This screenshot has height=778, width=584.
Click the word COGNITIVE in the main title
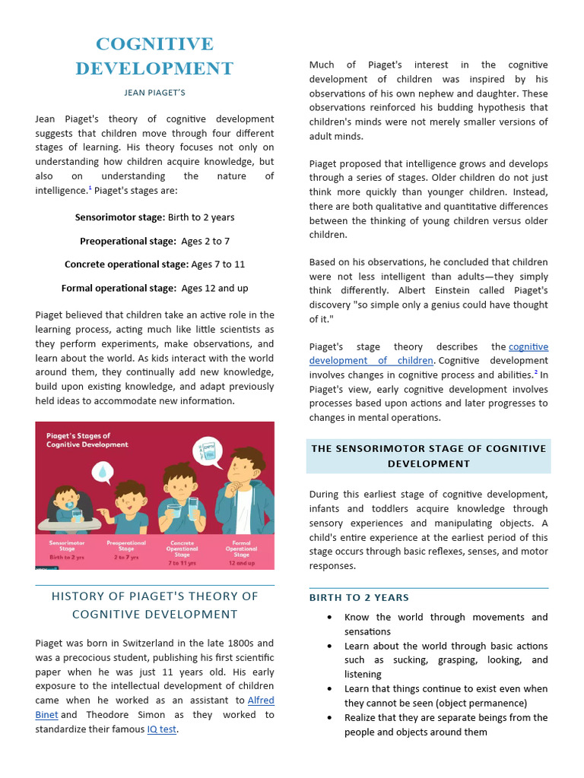(x=154, y=44)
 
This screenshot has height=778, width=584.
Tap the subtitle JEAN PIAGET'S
(x=154, y=93)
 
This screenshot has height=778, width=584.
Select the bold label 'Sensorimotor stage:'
(x=119, y=217)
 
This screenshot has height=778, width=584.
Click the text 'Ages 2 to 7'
(x=205, y=241)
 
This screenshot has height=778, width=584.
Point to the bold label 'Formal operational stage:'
(x=119, y=288)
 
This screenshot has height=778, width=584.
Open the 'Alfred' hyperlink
(x=261, y=701)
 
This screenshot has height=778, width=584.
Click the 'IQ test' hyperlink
(x=161, y=729)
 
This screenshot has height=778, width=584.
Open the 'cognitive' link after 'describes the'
(x=528, y=346)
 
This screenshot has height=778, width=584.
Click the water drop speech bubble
(x=102, y=473)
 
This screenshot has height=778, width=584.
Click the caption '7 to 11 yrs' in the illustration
(x=182, y=563)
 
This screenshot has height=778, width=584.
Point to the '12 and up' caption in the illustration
(x=241, y=563)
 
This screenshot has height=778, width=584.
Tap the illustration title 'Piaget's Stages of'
(x=78, y=436)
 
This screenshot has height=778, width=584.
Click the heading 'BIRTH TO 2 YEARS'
(x=359, y=598)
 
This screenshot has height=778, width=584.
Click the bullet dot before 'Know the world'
(x=328, y=618)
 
